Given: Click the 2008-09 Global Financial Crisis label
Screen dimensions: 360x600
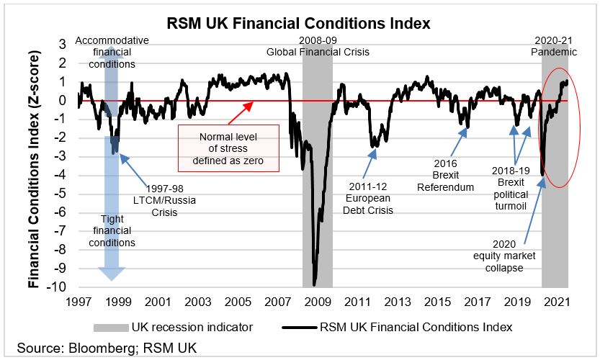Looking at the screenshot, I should point(316,46).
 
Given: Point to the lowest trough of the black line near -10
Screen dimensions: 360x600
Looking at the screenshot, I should point(314,284).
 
